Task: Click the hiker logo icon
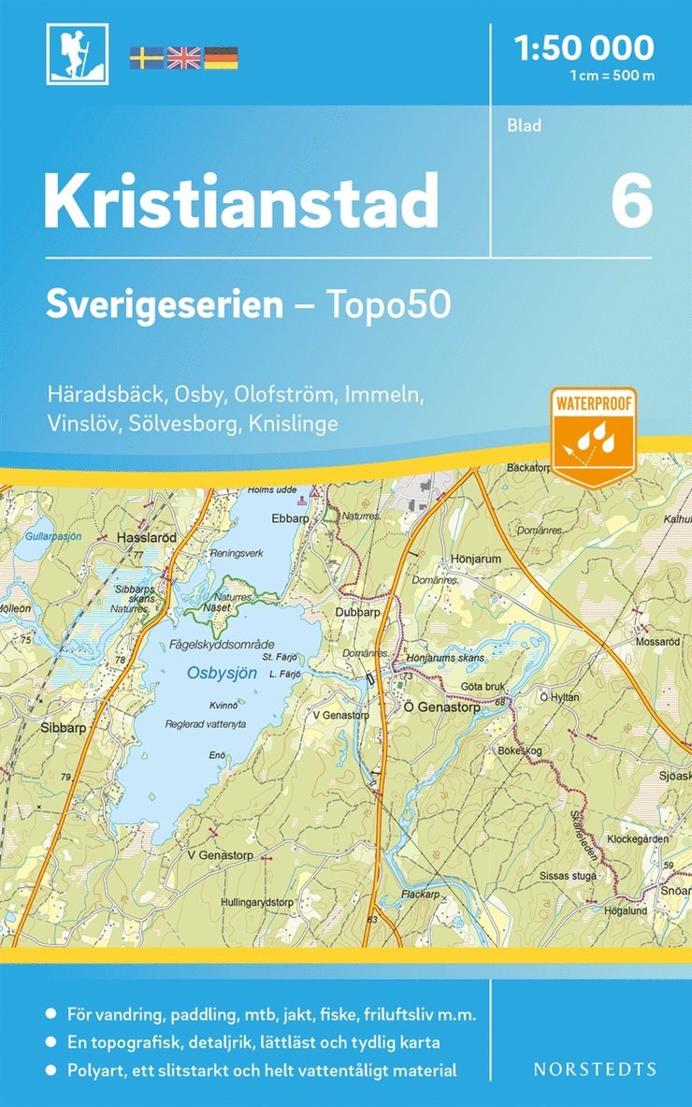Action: click(77, 53)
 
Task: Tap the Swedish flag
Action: click(146, 58)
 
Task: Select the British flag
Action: click(183, 58)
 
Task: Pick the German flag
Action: click(221, 58)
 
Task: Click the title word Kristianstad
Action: click(241, 199)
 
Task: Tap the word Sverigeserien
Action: click(165, 305)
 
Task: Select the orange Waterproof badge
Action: click(594, 438)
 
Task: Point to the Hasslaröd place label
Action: click(146, 538)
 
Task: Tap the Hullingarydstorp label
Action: click(257, 902)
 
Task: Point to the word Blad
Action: click(526, 125)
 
